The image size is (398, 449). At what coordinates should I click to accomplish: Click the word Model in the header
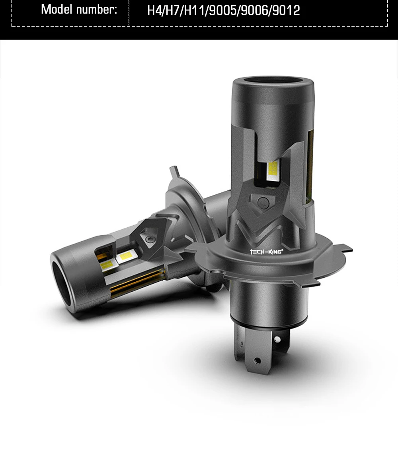pyautogui.click(x=56, y=10)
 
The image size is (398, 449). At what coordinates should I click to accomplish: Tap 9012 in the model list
pyautogui.click(x=286, y=10)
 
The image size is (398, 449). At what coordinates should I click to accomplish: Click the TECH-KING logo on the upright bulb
pyautogui.click(x=266, y=252)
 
